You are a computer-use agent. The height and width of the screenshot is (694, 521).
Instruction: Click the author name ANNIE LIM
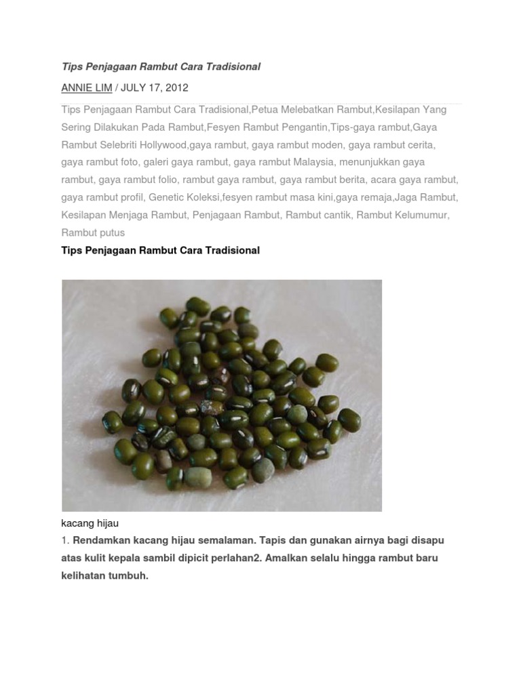pos(87,88)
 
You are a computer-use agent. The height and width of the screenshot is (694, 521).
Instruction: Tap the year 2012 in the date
pos(175,88)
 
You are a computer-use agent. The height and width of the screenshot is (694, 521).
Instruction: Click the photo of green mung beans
pos(222,395)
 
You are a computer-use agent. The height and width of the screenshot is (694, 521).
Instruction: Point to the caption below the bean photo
pos(90,524)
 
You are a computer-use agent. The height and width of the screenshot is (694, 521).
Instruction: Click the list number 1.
pos(66,541)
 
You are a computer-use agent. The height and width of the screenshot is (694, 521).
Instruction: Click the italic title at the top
pos(161,67)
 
